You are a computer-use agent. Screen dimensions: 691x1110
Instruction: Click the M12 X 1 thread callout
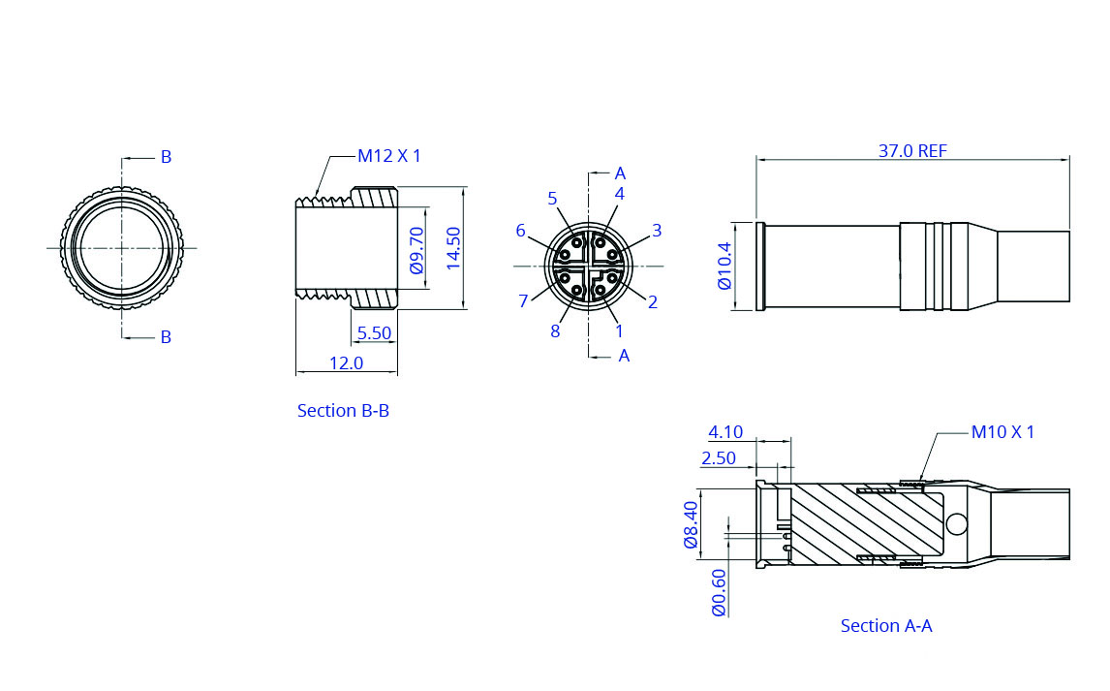[389, 156]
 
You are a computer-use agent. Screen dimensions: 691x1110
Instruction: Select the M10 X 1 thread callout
[1002, 432]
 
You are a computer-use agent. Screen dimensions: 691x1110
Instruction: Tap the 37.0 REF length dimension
[912, 151]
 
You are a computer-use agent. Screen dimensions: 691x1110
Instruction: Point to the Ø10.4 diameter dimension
[725, 267]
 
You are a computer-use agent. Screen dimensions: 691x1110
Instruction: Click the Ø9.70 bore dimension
[417, 249]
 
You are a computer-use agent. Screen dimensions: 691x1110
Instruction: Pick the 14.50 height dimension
[453, 248]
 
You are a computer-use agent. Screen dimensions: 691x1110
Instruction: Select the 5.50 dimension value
[374, 333]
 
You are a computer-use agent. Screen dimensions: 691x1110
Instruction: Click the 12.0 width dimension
[346, 363]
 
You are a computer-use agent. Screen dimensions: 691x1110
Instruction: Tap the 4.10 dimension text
[725, 432]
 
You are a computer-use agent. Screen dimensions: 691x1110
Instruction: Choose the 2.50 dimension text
[719, 458]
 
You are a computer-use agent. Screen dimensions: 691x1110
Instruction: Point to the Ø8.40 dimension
[692, 524]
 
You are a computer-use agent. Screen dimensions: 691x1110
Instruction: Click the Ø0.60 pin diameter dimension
[719, 592]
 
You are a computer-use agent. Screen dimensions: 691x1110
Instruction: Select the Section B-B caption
[343, 411]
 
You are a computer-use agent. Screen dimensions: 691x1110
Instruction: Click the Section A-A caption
[886, 626]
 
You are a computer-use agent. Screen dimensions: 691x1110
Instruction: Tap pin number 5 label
[552, 199]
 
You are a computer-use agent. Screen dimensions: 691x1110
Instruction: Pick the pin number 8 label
[555, 331]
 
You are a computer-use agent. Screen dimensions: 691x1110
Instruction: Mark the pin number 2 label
[653, 302]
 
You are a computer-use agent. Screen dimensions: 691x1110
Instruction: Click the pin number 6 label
[520, 231]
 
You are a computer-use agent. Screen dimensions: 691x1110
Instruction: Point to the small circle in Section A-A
[957, 524]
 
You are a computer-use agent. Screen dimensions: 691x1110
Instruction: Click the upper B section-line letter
[166, 157]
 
